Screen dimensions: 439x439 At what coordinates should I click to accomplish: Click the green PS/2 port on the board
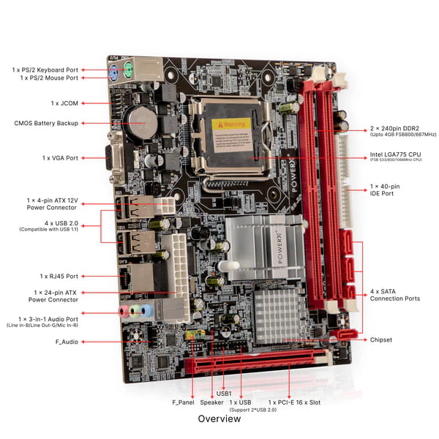128,71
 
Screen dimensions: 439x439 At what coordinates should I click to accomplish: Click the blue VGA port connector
118,158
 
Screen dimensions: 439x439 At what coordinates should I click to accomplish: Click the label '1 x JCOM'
64,104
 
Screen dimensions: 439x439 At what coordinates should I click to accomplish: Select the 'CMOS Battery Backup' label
46,123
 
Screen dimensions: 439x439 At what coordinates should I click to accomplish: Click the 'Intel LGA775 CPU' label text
396,155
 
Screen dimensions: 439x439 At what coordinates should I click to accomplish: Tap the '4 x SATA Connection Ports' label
395,294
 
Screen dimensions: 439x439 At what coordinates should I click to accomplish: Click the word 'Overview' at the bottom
219,420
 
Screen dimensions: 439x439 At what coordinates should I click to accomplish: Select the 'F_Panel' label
184,402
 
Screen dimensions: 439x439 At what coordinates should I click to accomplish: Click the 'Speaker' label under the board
211,402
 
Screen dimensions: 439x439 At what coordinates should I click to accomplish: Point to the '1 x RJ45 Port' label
59,276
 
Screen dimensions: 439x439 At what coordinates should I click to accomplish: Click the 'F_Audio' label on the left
66,342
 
